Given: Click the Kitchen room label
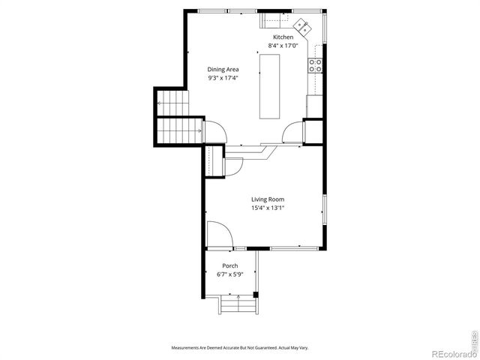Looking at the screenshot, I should pos(283,37).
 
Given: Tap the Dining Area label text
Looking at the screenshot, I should pos(223,69).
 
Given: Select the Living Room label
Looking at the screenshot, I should pos(267,199).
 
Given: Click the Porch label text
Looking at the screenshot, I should pos(230,265).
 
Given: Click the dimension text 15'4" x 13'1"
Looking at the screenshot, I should pos(267,208).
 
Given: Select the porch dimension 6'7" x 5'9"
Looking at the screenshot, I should pos(230,274).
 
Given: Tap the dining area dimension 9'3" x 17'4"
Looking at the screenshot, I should pos(223,77).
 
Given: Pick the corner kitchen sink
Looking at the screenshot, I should pos(303,27).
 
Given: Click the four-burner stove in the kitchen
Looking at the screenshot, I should pos(316,65).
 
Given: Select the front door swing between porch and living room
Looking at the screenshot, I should pos(219,234).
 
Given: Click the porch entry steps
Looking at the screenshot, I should pos(238,305).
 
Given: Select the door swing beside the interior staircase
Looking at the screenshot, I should pos(216,132).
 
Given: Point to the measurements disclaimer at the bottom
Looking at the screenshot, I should pos(239,348).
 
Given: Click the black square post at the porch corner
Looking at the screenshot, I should pos(256,293).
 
